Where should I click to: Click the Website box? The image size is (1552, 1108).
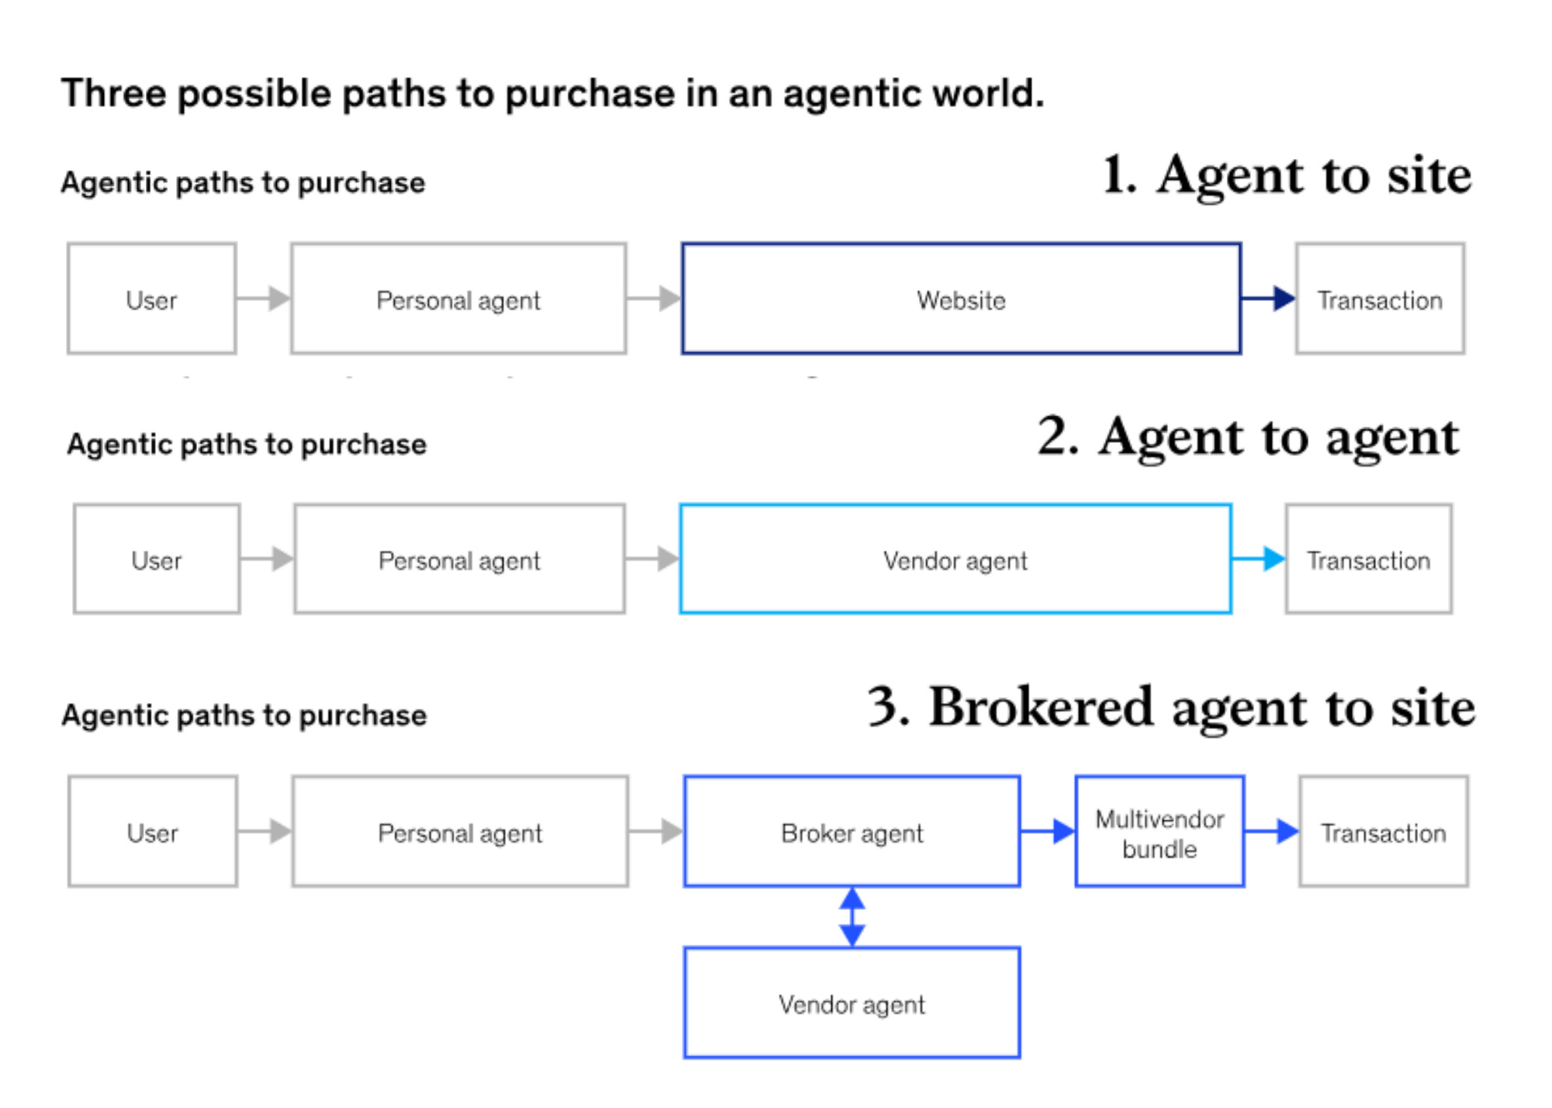point(961,300)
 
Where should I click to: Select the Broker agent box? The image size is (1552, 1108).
point(851,832)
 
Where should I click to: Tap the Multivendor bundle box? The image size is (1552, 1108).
point(1159,832)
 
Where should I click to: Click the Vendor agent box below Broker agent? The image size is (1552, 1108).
point(851,1003)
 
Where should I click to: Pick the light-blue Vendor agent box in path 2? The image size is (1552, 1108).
point(954,559)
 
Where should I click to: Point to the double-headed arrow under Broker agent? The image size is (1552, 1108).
point(852,917)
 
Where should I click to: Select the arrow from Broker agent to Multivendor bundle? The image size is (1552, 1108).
point(1048,831)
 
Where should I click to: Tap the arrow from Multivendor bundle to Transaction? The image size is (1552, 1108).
point(1272,831)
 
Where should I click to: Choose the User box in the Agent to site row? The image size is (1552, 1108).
point(151,300)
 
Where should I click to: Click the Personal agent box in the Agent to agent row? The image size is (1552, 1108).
point(459,559)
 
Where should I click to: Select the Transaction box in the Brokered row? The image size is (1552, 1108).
point(1383,832)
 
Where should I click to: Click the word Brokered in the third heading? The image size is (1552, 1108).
point(1041,707)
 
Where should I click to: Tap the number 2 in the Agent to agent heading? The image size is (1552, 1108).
point(1057,436)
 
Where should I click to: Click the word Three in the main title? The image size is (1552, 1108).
point(113,94)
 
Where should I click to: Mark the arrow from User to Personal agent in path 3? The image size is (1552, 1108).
point(265,831)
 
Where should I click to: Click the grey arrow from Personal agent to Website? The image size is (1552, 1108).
point(653,298)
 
